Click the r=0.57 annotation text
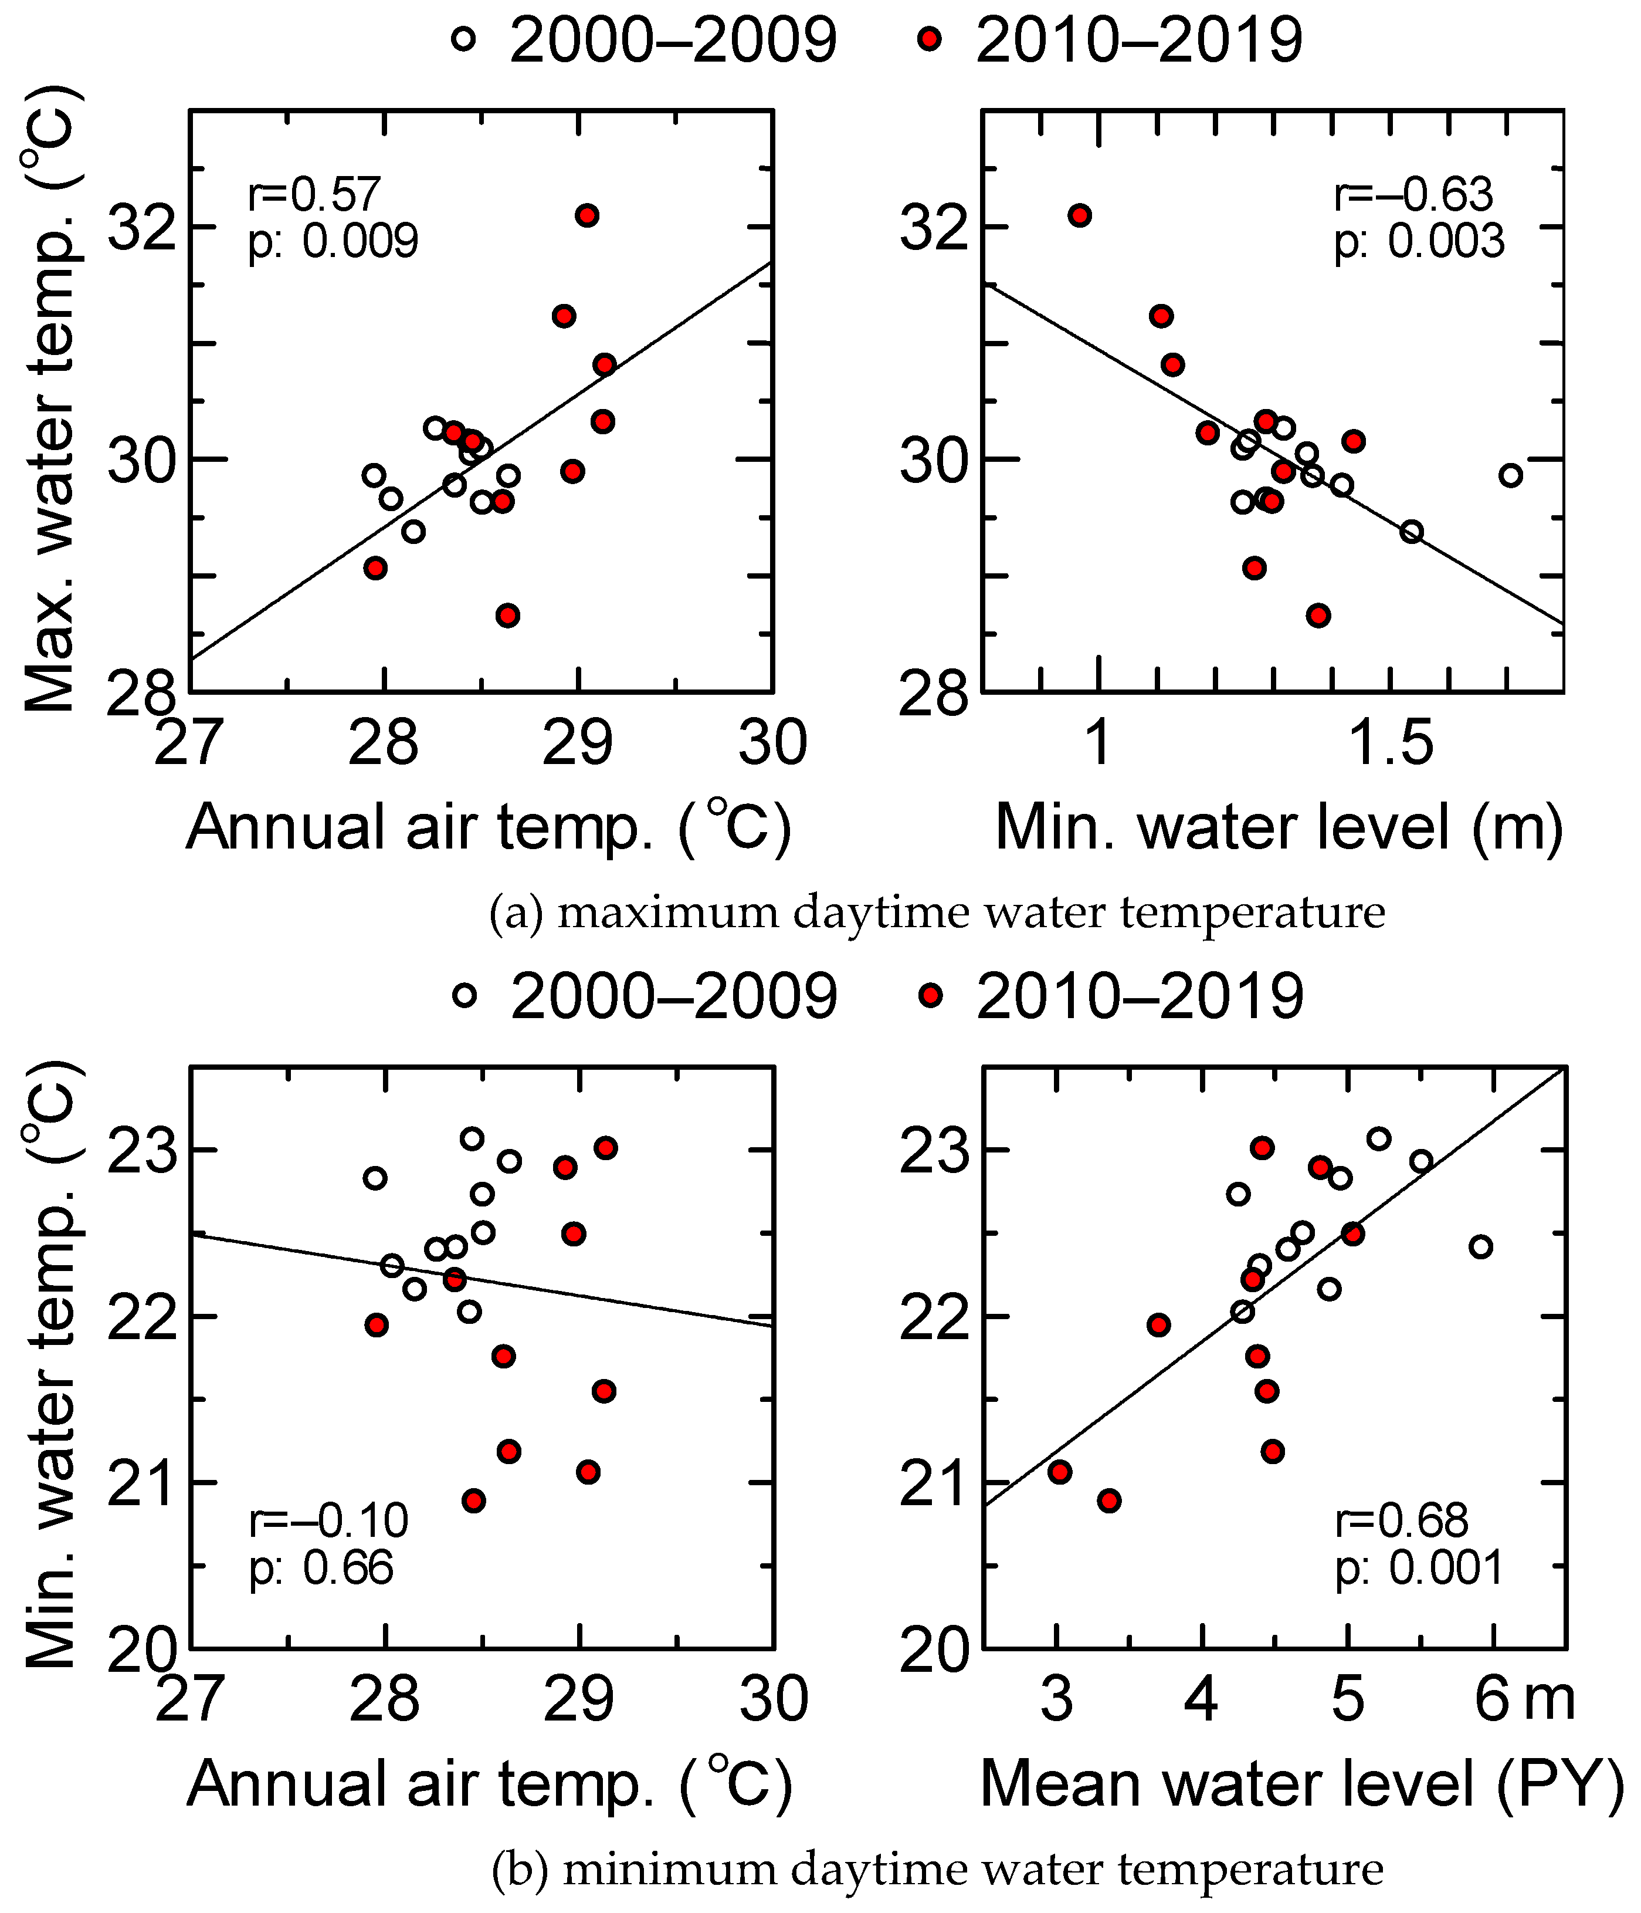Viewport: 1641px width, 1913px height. pos(314,195)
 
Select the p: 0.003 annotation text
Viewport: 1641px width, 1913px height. pos(1419,242)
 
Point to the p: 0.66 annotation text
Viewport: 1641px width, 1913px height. pos(321,1569)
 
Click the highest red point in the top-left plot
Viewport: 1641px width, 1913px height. pos(587,215)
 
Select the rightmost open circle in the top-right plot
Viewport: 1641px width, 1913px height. pos(1510,475)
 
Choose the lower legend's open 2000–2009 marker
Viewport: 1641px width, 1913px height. pos(465,995)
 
